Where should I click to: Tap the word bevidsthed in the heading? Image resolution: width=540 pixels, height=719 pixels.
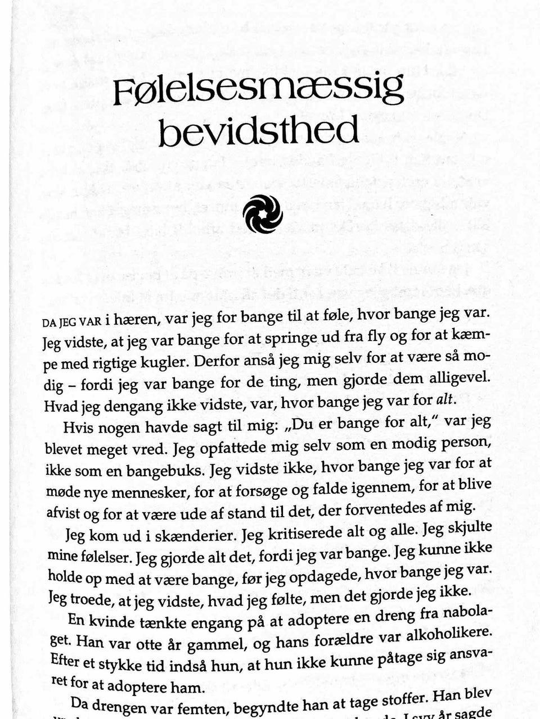pos(259,131)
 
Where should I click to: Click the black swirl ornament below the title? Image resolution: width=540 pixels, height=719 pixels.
pos(263,213)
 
